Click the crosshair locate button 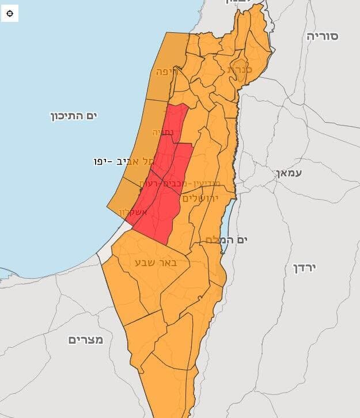(10, 13)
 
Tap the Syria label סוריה (322, 36)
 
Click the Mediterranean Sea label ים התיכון (74, 116)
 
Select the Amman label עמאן (289, 172)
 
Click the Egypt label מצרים (86, 340)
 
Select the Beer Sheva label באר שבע (154, 263)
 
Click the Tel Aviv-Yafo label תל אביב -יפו (125, 161)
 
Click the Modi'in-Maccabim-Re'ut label (173, 183)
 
